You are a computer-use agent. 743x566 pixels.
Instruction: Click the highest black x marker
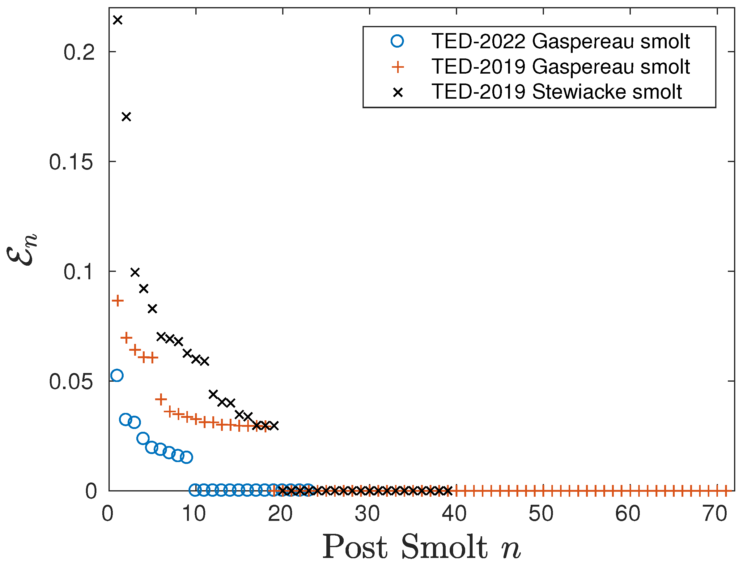117,20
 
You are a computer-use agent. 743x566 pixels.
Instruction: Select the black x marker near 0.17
126,117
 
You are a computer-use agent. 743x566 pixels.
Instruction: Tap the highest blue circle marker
117,375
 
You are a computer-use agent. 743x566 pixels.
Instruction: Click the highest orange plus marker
117,300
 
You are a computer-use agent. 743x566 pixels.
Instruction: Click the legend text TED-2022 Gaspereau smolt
561,41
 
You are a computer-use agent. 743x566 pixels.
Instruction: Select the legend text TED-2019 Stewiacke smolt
557,92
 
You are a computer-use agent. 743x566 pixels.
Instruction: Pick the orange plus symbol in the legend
397,67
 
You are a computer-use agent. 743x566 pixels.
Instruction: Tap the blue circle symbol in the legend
397,41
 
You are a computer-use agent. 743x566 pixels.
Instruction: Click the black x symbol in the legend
397,92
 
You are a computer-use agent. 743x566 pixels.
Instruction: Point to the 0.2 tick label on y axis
79,53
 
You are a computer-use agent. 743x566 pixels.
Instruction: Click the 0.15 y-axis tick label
71,162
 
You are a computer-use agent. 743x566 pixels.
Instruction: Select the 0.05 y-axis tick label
71,382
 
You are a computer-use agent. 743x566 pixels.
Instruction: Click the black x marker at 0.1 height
135,272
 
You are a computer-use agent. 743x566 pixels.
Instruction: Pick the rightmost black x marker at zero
448,491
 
